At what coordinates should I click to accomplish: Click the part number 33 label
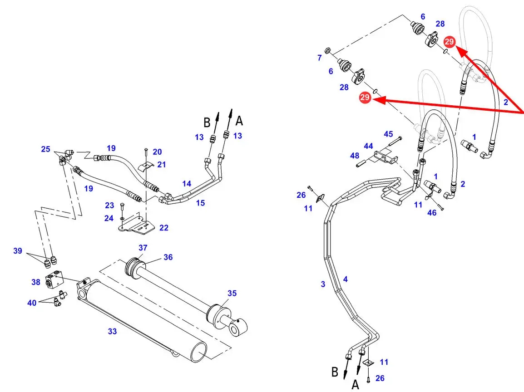[112, 331]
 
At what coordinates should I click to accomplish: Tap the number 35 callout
[232, 293]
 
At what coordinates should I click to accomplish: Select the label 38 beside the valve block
[36, 282]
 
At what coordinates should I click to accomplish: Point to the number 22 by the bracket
[164, 228]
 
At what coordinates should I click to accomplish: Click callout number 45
[388, 134]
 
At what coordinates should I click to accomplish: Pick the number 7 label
[320, 58]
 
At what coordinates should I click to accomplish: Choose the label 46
[432, 213]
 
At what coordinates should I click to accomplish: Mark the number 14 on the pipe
[187, 183]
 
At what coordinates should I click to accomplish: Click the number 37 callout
[143, 248]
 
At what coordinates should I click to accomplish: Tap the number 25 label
[45, 149]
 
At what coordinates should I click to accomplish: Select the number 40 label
[32, 303]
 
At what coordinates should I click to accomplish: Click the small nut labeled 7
[328, 50]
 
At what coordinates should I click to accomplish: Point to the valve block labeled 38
[54, 279]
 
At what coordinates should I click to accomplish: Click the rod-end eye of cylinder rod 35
[238, 327]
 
